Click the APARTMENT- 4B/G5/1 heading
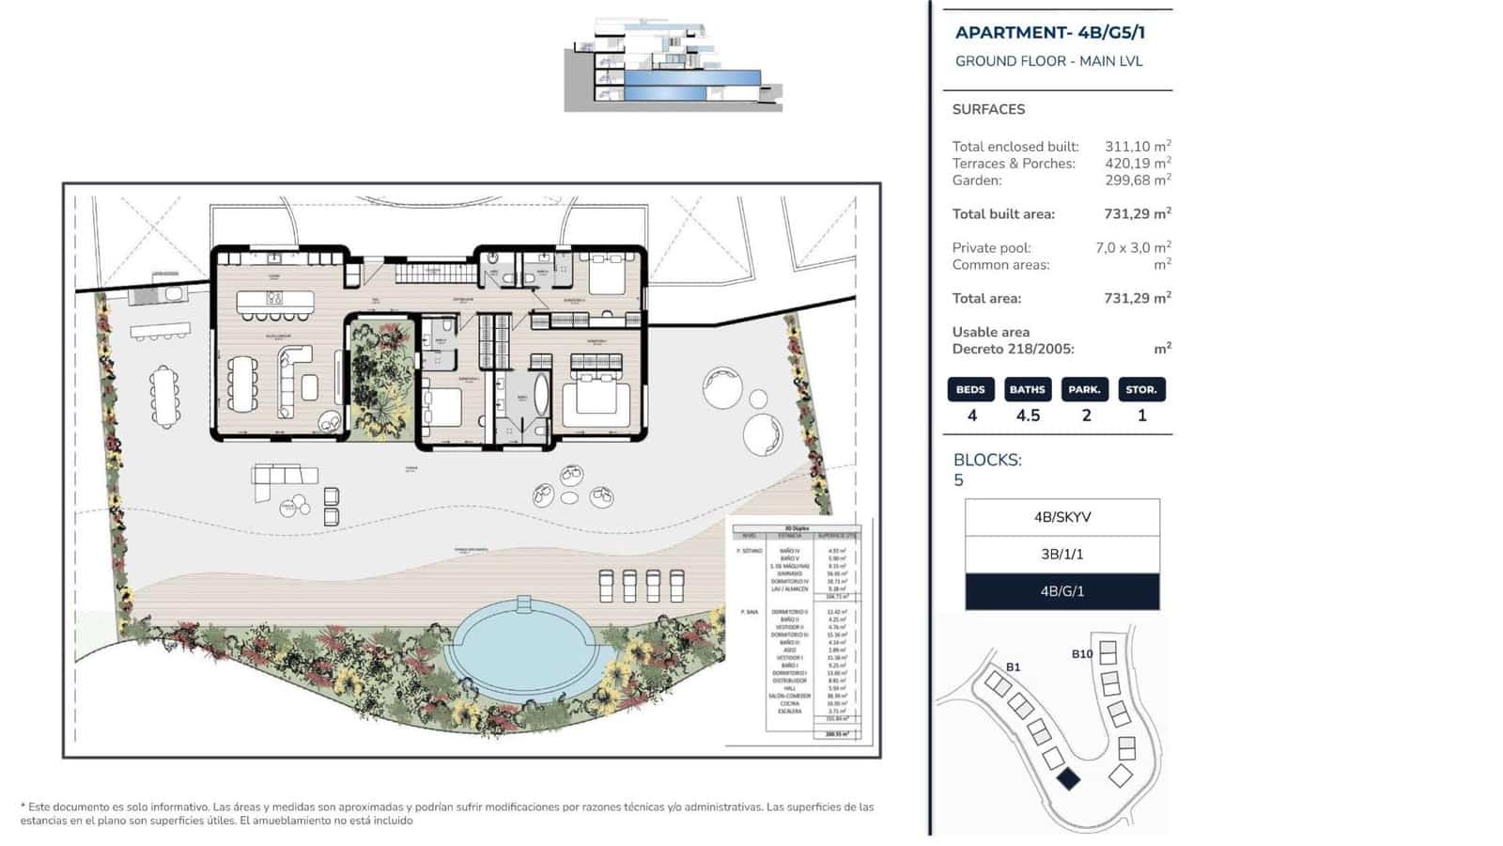pos(1049,33)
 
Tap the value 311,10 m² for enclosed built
pos(1137,147)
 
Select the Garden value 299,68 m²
pos(1137,180)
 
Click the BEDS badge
pos(970,389)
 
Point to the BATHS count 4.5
pos(1028,415)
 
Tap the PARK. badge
pos(1084,389)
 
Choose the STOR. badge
pos(1141,389)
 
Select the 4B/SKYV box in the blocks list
pos(1061,517)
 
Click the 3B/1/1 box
pos(1061,555)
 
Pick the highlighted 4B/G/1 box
pos(1061,591)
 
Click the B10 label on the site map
pos(1081,654)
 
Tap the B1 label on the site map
pos(1013,667)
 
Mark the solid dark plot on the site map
pos(1068,778)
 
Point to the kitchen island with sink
pos(274,300)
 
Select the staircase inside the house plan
pos(423,274)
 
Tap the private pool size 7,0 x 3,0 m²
pos(1132,248)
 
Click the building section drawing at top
pos(672,66)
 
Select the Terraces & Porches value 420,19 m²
pos(1137,164)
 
